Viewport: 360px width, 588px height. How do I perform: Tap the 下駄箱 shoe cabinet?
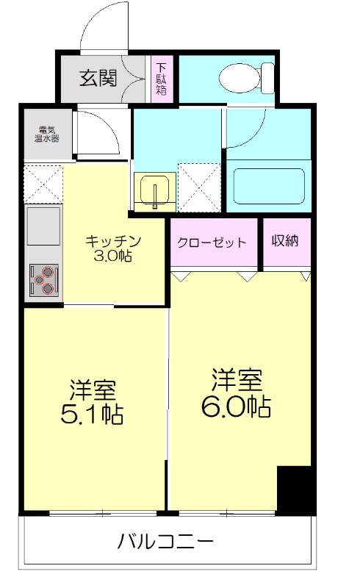tap(161, 79)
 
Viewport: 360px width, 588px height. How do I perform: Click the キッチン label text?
tap(112, 242)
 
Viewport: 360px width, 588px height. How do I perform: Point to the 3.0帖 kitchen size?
tap(113, 257)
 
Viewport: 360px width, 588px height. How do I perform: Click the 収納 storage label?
tap(284, 241)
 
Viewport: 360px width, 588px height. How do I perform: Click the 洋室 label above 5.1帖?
tap(92, 387)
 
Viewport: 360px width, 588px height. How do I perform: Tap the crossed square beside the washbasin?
tap(198, 187)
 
